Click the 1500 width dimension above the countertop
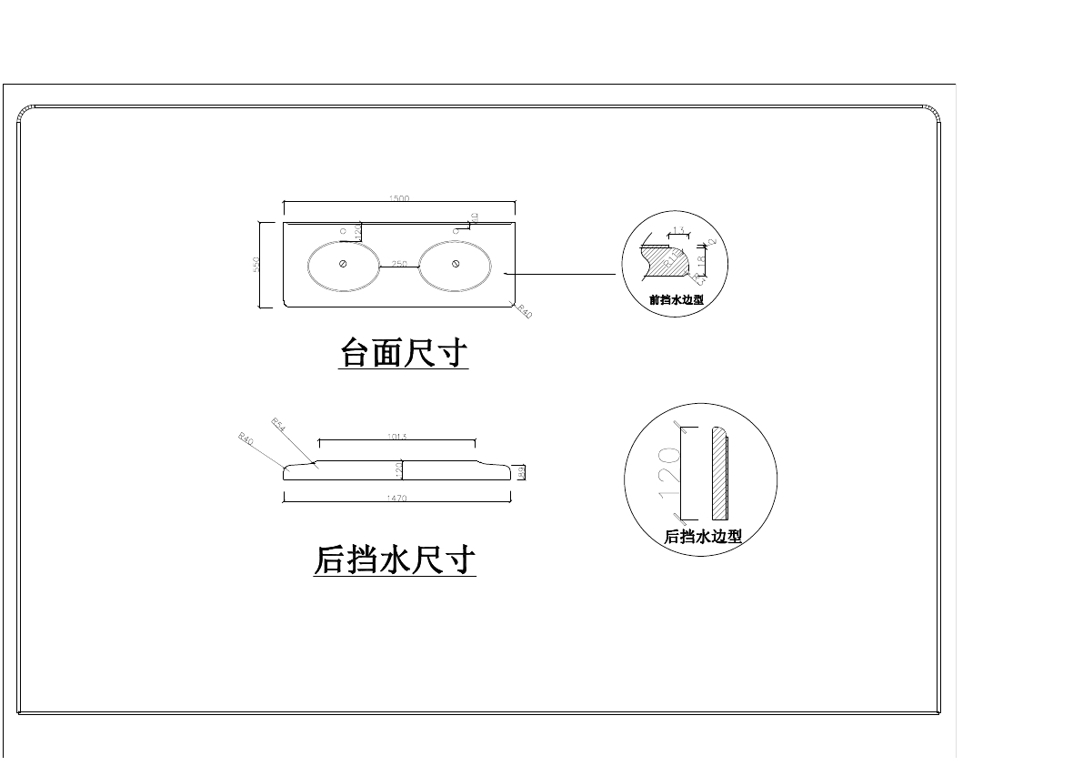399,197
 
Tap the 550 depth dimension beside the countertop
257,264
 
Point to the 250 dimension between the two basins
398,263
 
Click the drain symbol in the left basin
343,264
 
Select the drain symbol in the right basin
455,264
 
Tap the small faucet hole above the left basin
343,232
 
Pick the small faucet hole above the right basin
455,232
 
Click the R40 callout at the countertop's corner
524,312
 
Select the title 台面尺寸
403,353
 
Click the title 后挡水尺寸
395,559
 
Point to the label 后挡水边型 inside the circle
703,537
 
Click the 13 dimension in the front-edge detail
677,231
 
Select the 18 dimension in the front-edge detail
701,261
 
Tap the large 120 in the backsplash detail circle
669,470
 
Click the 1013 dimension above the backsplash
396,437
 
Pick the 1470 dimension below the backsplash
396,499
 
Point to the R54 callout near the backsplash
278,424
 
